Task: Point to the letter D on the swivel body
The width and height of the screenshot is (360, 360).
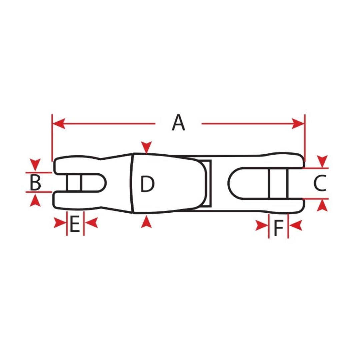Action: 147,184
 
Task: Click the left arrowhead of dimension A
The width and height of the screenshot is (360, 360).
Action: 59,124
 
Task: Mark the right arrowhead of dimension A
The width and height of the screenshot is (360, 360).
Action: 298,124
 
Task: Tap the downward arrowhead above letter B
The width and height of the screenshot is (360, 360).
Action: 35,165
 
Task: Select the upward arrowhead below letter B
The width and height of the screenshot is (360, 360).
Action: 35,200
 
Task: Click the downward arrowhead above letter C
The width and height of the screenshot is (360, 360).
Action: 322,161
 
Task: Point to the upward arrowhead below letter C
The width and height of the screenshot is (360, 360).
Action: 322,205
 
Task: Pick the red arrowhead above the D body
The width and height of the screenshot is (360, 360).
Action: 146,147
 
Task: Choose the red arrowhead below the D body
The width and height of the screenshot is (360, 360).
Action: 146,222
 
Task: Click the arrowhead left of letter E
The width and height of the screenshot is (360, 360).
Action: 60,223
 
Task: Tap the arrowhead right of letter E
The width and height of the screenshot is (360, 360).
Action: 91,223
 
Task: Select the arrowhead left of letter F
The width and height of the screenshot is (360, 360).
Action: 262,225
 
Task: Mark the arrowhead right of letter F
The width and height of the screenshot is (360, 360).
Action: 295,225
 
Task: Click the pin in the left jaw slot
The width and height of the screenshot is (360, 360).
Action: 74,183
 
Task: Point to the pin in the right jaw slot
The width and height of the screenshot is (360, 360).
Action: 278,183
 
